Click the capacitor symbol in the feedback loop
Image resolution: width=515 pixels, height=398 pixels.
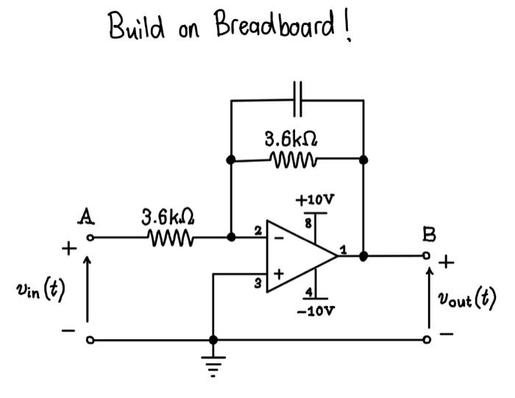pos(297,99)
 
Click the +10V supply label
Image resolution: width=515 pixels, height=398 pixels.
pos(315,200)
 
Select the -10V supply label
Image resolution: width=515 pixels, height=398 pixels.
pos(315,311)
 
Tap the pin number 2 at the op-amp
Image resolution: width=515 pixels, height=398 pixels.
pos(258,231)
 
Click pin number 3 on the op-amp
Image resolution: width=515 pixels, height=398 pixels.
pos(258,282)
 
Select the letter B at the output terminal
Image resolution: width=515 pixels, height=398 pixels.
pos(429,235)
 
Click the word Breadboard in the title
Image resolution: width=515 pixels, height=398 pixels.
pos(276,28)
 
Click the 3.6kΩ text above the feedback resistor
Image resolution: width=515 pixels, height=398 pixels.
pos(292,138)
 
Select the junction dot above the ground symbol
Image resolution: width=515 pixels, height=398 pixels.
pos(213,340)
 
